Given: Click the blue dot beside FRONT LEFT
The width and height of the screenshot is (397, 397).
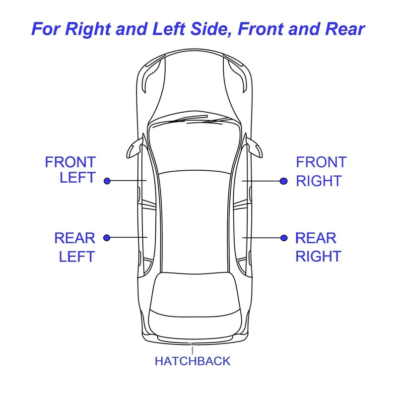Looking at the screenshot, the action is pyautogui.click(x=107, y=181).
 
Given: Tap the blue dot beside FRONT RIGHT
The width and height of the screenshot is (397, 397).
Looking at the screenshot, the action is pyautogui.click(x=283, y=181).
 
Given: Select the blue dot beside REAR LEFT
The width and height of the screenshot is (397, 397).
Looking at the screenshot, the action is pyautogui.click(x=107, y=238).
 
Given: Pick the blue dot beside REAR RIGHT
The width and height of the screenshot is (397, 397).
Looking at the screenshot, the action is pyautogui.click(x=284, y=238).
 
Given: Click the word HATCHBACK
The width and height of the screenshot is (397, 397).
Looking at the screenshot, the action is pyautogui.click(x=193, y=361).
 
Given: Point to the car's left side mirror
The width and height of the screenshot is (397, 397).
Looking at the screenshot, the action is pyautogui.click(x=135, y=147).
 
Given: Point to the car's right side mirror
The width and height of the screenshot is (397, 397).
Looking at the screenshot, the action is pyautogui.click(x=255, y=147).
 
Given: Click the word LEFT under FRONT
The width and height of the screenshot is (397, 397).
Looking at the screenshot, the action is pyautogui.click(x=77, y=178).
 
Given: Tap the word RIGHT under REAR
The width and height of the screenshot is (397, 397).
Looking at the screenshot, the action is pyautogui.click(x=319, y=256).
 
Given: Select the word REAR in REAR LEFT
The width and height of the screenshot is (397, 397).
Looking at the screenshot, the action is pyautogui.click(x=74, y=238).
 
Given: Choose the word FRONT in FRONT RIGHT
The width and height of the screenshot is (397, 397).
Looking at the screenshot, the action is pyautogui.click(x=321, y=162).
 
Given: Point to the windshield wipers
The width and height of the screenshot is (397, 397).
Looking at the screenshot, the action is pyautogui.click(x=196, y=121).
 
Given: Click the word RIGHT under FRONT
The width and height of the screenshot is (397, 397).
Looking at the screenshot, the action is pyautogui.click(x=319, y=181).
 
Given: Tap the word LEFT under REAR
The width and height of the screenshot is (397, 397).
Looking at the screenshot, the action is pyautogui.click(x=76, y=256).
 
